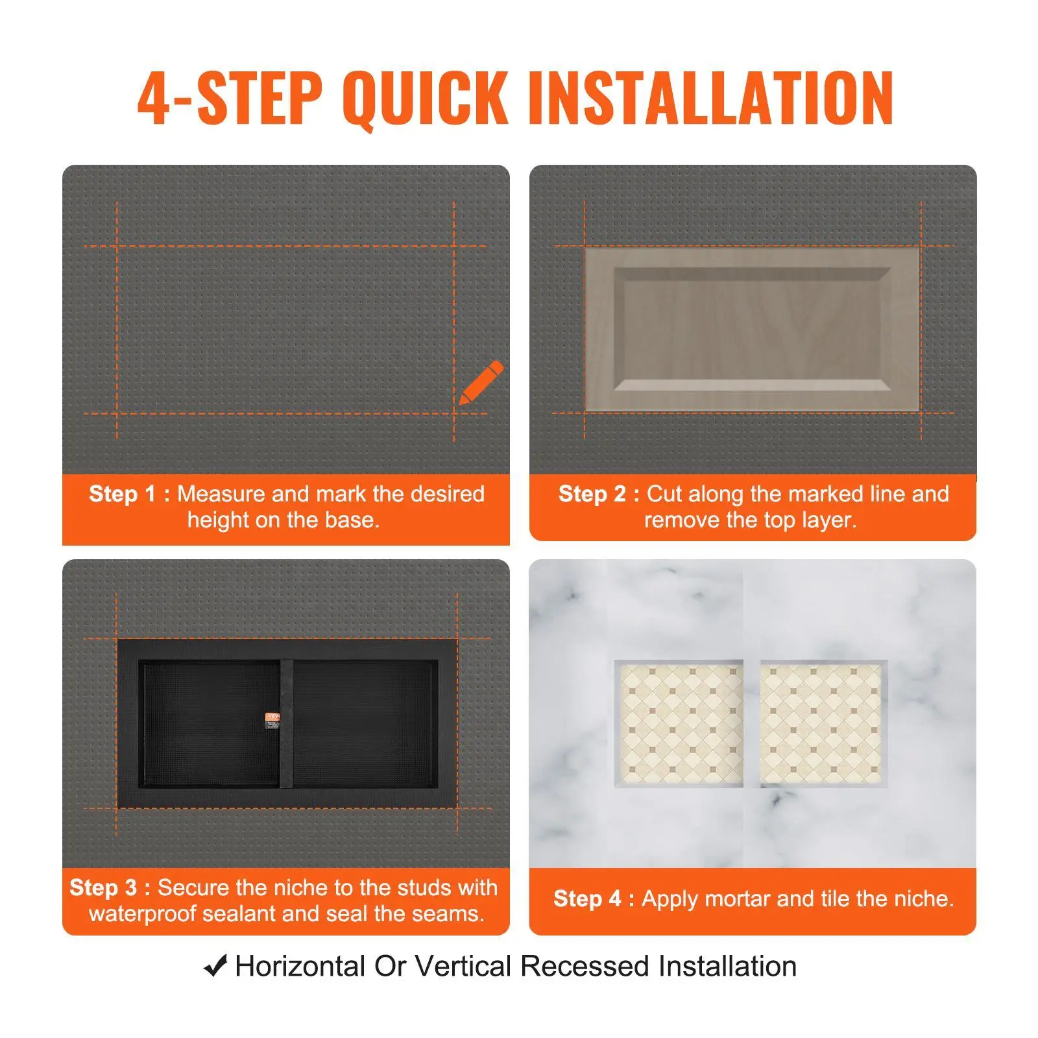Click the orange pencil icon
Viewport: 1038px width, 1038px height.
481,383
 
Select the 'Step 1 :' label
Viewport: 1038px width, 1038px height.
129,494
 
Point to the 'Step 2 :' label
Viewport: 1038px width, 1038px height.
599,494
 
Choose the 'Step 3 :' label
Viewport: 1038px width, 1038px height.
110,887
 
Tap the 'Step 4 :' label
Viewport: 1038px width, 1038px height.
594,899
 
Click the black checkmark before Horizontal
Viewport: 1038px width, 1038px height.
215,966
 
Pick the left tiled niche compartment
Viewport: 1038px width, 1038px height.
679,724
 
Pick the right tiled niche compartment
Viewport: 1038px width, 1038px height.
824,724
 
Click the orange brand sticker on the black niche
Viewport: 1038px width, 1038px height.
272,722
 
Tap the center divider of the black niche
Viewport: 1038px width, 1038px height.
286,724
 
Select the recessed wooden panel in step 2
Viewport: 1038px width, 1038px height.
753,330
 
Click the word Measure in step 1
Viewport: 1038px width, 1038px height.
222,494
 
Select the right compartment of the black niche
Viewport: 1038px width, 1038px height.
365,724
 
